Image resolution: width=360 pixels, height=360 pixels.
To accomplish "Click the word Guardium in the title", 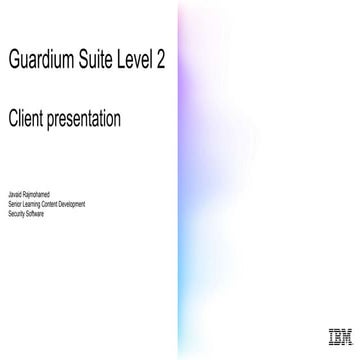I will click(43, 62).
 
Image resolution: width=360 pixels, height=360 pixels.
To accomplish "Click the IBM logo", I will click(338, 336).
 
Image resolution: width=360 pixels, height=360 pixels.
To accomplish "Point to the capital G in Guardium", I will click(14, 62).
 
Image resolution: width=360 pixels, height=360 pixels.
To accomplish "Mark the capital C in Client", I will click(12, 119).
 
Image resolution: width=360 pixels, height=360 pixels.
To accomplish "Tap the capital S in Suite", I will click(90, 62).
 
